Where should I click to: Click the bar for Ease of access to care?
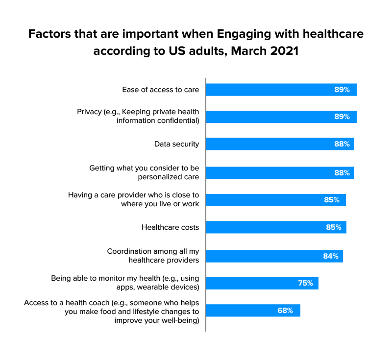pyautogui.click(x=281, y=90)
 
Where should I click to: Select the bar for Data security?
pyautogui.click(x=279, y=144)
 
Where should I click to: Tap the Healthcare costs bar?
pyautogui.click(x=276, y=227)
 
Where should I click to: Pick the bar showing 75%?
pyautogui.click(x=262, y=283)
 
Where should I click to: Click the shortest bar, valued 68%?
pyautogui.click(x=253, y=311)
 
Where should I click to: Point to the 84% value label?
pyautogui.click(x=330, y=256)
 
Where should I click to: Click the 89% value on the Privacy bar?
pyautogui.click(x=342, y=117)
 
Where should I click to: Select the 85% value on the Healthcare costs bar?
pyautogui.click(x=334, y=227)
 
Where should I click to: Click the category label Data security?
pyautogui.click(x=176, y=144)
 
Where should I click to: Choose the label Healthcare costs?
pyautogui.click(x=170, y=227)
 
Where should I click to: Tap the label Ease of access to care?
pyautogui.click(x=160, y=90)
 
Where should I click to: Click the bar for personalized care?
pyautogui.click(x=279, y=172)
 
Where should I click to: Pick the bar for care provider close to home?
pyautogui.click(x=275, y=200)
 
